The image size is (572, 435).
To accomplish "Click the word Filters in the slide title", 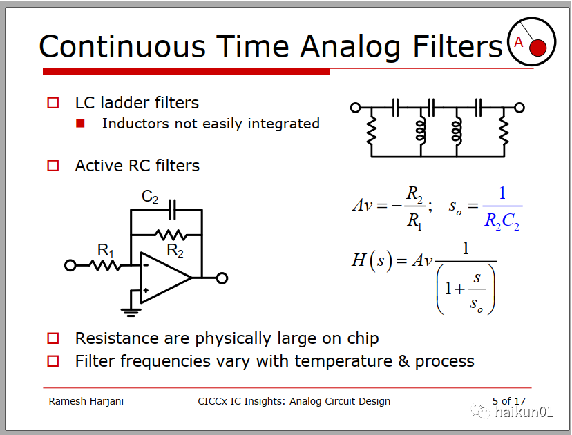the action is point(458,46).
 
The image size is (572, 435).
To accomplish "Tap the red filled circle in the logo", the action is point(537,48).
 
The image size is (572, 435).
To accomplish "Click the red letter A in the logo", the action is point(518,42).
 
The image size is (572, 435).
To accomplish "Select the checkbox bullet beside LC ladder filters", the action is point(53,103).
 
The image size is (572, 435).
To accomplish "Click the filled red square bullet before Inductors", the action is point(80,124).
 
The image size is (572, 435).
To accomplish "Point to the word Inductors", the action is point(135,124).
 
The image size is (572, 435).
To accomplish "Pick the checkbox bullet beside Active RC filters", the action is point(53,166).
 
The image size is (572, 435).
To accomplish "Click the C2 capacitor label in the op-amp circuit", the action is point(150,197).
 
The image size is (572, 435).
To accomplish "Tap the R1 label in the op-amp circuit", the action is point(106,251).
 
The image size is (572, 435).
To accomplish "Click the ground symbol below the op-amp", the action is point(131,313).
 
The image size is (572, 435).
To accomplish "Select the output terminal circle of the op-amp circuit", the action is point(222,278).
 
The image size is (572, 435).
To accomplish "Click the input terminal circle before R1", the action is point(70,265).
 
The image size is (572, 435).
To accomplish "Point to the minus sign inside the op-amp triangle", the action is point(146,265).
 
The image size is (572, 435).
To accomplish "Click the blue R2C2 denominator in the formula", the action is point(502,221).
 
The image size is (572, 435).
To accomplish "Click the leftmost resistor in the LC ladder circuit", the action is point(372,131).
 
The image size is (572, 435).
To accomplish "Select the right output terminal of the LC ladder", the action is point(519,108).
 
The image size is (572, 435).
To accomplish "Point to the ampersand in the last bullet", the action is point(404,361).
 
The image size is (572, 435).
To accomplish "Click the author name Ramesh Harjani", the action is point(86,401).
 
